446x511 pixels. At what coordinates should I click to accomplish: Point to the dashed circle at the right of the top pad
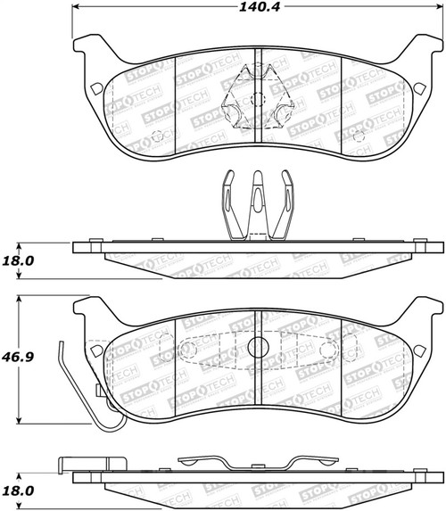click(x=358, y=136)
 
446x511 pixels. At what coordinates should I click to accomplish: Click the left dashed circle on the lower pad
click(x=186, y=350)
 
